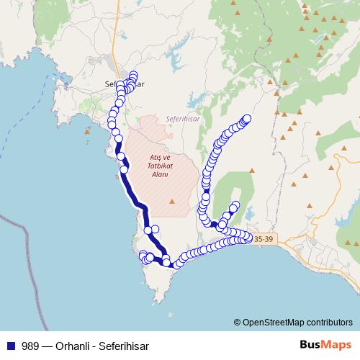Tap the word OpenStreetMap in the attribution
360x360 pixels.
pos(271,323)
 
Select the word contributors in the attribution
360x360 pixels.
pos(328,323)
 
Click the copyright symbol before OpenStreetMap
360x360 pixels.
pos(238,323)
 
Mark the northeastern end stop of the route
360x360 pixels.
pos(248,118)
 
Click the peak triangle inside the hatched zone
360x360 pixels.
pos(172,201)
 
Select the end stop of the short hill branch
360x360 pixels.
pos(235,205)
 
